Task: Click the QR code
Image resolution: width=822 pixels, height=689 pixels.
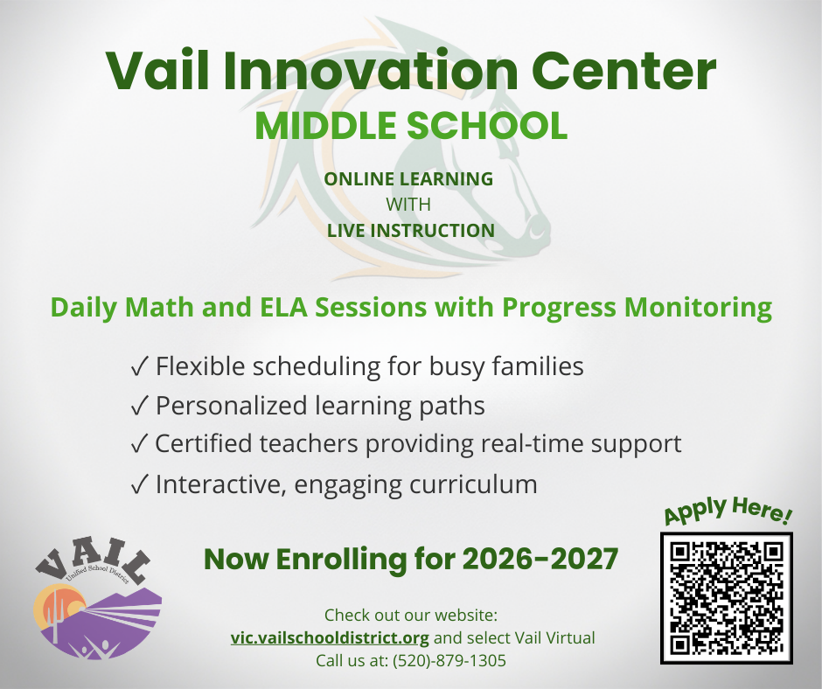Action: [x=726, y=597]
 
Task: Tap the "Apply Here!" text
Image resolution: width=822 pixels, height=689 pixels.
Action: [x=728, y=512]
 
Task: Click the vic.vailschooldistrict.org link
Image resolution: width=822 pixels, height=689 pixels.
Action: [x=330, y=637]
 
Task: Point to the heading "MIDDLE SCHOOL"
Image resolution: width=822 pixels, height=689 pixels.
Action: [x=410, y=126]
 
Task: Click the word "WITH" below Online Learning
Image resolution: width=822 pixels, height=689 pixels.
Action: [x=408, y=205]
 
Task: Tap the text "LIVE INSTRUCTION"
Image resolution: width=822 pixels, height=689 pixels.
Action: [x=410, y=231]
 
